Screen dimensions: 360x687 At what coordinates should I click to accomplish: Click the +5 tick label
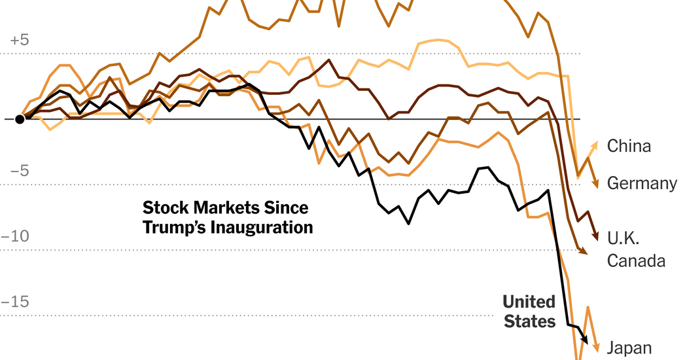[x=20, y=40]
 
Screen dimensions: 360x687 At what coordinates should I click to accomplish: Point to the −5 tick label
[x=20, y=171]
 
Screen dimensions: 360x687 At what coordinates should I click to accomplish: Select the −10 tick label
[x=16, y=236]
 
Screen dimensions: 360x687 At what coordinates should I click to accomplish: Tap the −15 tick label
[x=16, y=302]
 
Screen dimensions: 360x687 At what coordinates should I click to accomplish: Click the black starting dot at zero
[x=20, y=118]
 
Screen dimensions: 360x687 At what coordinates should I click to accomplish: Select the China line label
[x=629, y=146]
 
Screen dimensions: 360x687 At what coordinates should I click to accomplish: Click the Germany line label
[x=642, y=184]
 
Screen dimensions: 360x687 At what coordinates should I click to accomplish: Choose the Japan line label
[x=629, y=348]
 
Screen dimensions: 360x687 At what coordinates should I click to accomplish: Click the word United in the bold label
[x=529, y=302]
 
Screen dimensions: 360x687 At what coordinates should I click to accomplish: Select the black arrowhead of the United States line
[x=586, y=340]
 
